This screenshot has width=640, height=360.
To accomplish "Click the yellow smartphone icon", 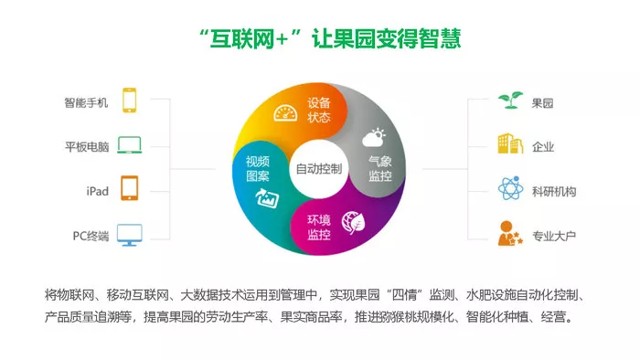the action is point(130,101).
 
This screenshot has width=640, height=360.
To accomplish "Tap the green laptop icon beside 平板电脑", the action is point(130,145).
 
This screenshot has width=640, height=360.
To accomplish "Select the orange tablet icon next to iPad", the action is point(130,188).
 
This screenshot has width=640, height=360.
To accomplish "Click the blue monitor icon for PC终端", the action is point(130,235).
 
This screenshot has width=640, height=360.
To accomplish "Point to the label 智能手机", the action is point(86,102).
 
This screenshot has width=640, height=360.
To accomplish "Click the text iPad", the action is point(98,191).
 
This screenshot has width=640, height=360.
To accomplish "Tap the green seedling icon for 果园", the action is point(510,101).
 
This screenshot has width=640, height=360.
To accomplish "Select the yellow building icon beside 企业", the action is point(510,143).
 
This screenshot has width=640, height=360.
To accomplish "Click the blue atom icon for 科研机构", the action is point(510,188).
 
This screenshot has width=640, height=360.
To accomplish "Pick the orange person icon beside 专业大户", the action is point(510,233).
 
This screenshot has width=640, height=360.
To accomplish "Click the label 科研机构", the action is point(554,191).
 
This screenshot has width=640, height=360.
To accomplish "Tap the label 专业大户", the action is point(554,236).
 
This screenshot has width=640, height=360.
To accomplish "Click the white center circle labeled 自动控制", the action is point(319,169).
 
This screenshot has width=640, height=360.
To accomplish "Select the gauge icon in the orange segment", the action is point(285,113).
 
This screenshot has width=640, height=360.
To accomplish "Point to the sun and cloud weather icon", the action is point(374,137).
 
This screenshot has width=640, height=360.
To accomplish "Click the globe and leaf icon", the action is point(353,223).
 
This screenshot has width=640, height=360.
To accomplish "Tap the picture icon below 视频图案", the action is point(267,198).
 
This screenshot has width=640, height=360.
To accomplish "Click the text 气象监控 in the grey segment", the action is point(380,169).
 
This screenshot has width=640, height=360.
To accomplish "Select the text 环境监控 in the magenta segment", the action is point(319,228).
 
